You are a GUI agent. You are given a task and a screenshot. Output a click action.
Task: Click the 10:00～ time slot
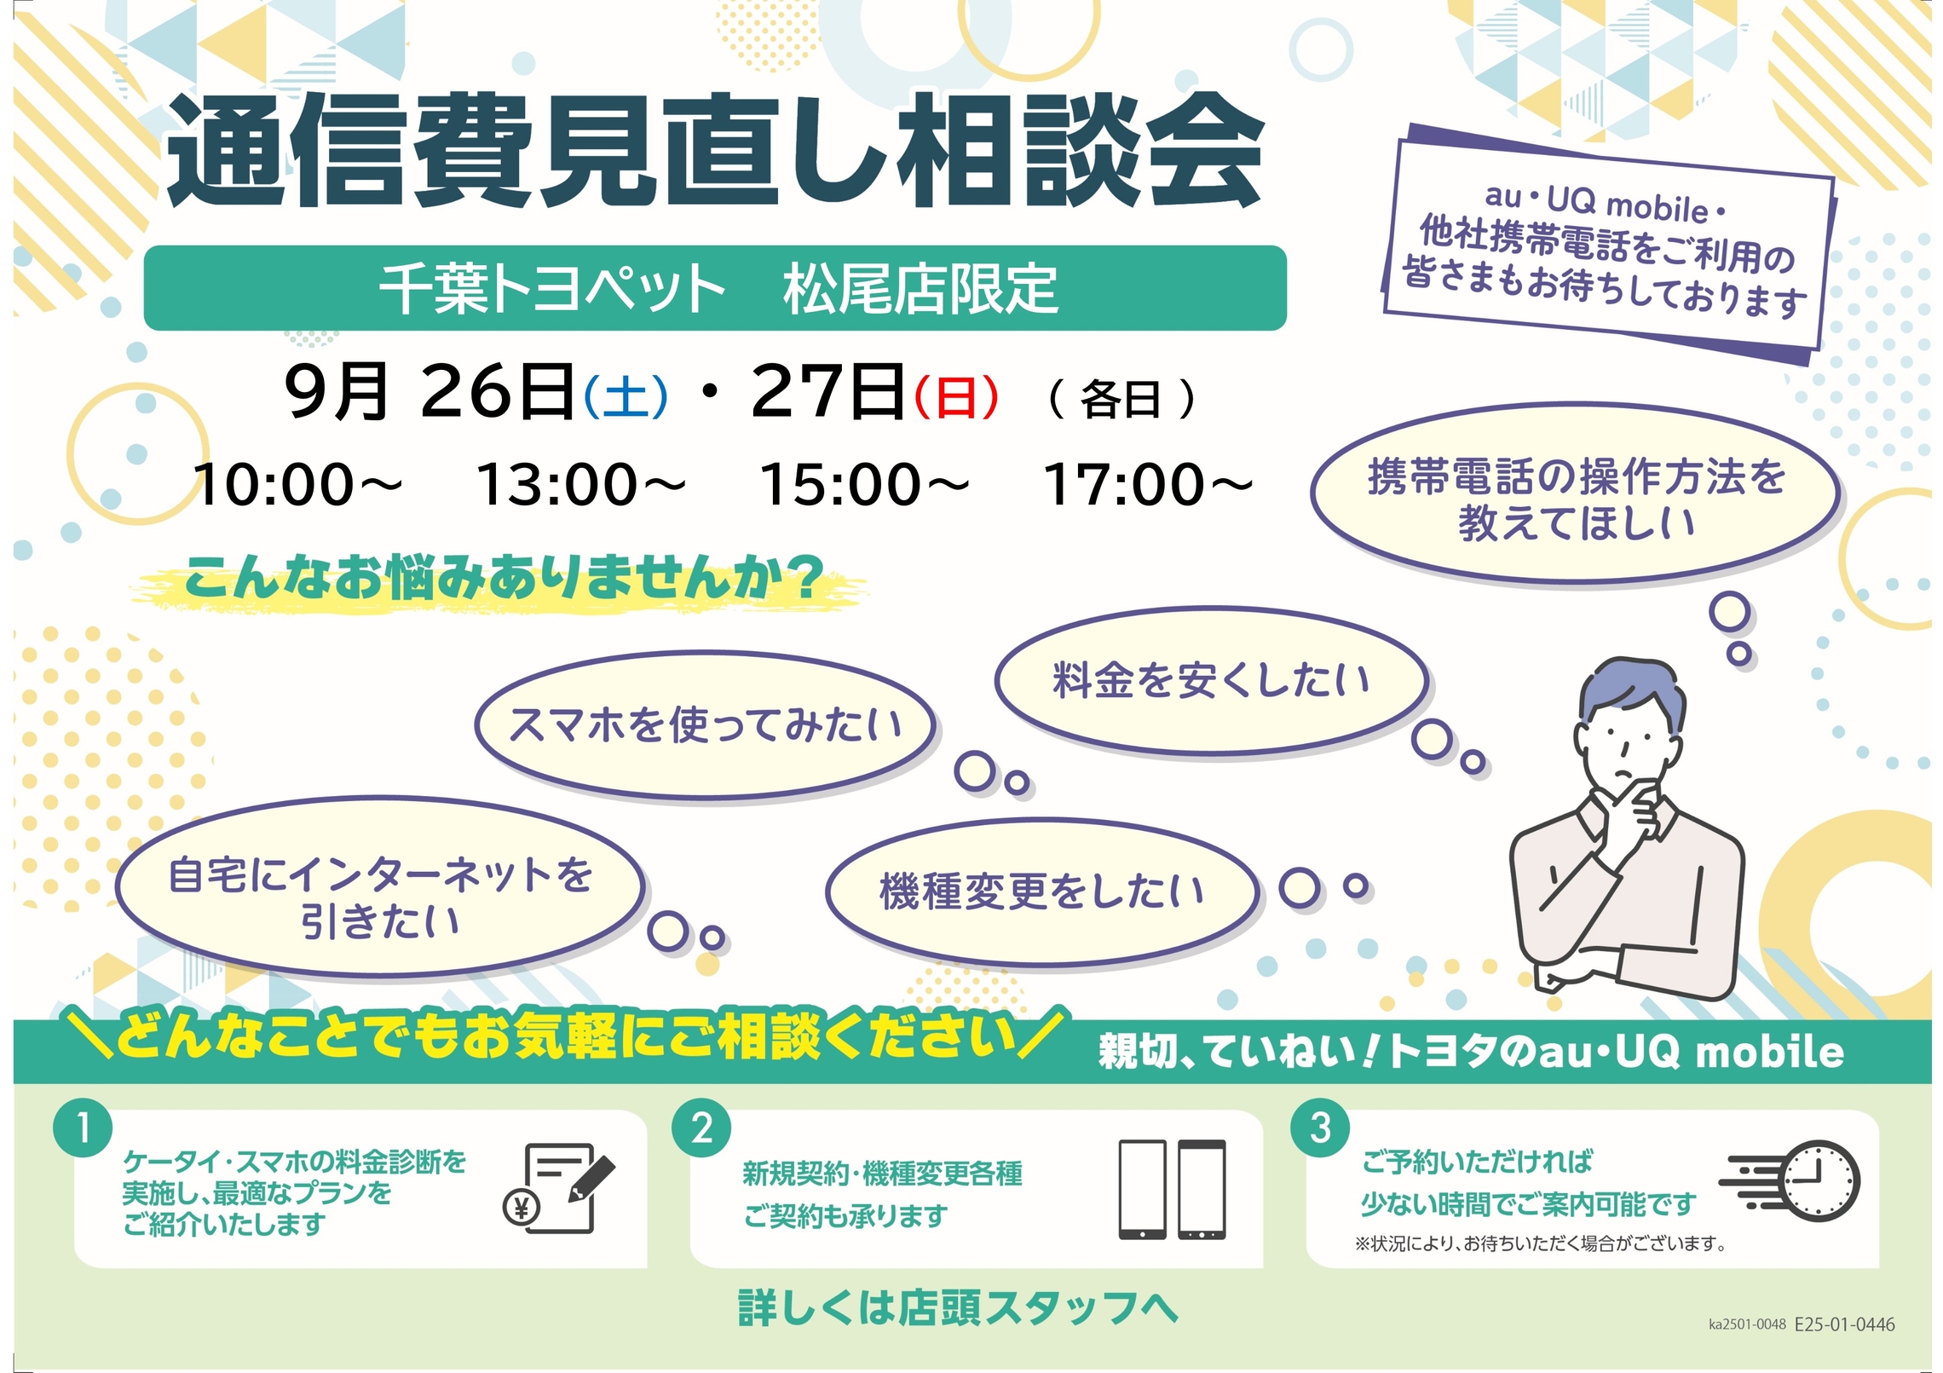[297, 484]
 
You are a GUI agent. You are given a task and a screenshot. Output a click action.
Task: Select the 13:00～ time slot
[580, 484]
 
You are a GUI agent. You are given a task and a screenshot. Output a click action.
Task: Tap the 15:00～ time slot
[864, 484]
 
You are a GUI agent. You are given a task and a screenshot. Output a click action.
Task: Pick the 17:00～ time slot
[1148, 484]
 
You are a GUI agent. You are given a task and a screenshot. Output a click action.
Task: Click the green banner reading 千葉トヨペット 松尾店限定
[715, 288]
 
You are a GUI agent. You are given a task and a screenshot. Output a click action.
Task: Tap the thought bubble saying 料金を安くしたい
[1212, 681]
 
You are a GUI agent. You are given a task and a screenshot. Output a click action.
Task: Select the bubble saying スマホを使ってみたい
[705, 725]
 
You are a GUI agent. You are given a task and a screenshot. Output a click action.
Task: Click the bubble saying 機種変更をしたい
[1041, 891]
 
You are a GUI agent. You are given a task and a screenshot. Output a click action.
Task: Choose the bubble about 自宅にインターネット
[380, 886]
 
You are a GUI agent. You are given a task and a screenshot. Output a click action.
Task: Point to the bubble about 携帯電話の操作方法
[1575, 494]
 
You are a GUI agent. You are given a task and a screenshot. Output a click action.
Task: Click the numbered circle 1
[83, 1128]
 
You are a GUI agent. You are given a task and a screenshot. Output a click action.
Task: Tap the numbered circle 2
[701, 1128]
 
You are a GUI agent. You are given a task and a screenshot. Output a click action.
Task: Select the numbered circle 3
[1320, 1128]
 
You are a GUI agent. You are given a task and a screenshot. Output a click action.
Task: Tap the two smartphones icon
[1172, 1190]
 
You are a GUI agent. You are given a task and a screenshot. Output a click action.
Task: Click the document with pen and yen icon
[559, 1188]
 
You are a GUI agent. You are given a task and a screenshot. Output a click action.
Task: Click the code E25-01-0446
[1844, 1324]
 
